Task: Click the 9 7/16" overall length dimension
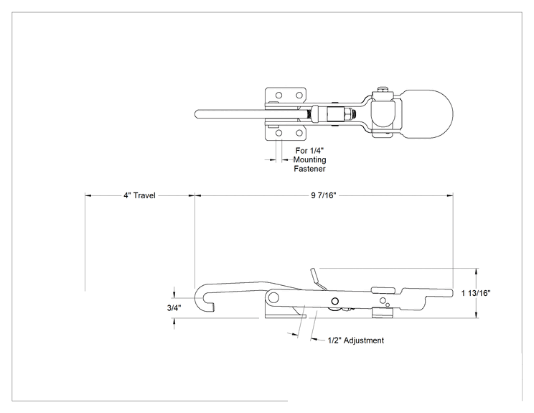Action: [x=323, y=195]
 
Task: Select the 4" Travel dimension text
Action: [x=139, y=195]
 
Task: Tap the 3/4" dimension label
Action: [x=174, y=308]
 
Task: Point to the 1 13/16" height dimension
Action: [x=476, y=293]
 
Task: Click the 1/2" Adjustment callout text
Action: [x=356, y=340]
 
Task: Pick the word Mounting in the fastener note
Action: [x=310, y=159]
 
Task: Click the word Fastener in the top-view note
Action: [x=310, y=169]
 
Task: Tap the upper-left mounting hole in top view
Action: [x=279, y=95]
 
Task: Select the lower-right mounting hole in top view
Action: [x=299, y=133]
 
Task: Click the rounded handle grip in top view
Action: [x=427, y=114]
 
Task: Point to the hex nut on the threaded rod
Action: [x=347, y=114]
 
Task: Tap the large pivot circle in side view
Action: [x=273, y=298]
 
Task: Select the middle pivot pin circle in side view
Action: [x=334, y=301]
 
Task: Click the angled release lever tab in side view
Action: [x=317, y=278]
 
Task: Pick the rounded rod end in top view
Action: [x=197, y=113]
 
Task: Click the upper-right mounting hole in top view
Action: [x=299, y=95]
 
